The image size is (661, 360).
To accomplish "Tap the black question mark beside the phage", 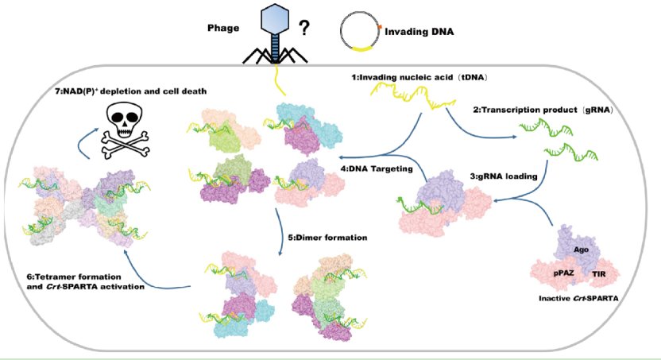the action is tap(304, 28).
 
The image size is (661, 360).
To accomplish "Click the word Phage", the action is tap(223, 29).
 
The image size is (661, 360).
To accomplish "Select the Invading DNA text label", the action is tap(419, 32).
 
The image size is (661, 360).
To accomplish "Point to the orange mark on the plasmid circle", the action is tap(379, 27).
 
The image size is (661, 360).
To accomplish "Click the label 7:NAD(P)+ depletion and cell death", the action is tap(130, 91).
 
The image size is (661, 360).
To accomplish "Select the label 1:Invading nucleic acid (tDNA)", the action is tap(419, 78).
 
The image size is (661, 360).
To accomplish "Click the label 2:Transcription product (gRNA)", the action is tap(543, 110).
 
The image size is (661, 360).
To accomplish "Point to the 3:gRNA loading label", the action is tap(504, 176).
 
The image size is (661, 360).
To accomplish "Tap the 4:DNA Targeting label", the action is tap(377, 168).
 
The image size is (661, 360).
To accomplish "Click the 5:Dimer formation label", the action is tap(327, 238).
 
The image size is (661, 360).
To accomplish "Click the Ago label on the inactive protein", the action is tap(581, 250).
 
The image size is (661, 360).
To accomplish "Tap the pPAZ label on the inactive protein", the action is tap(563, 273).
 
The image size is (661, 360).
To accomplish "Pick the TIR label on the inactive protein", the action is tap(598, 274).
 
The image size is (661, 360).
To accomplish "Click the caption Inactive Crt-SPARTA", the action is tap(578, 299).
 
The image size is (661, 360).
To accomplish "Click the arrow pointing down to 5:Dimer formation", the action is tap(279, 231).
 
